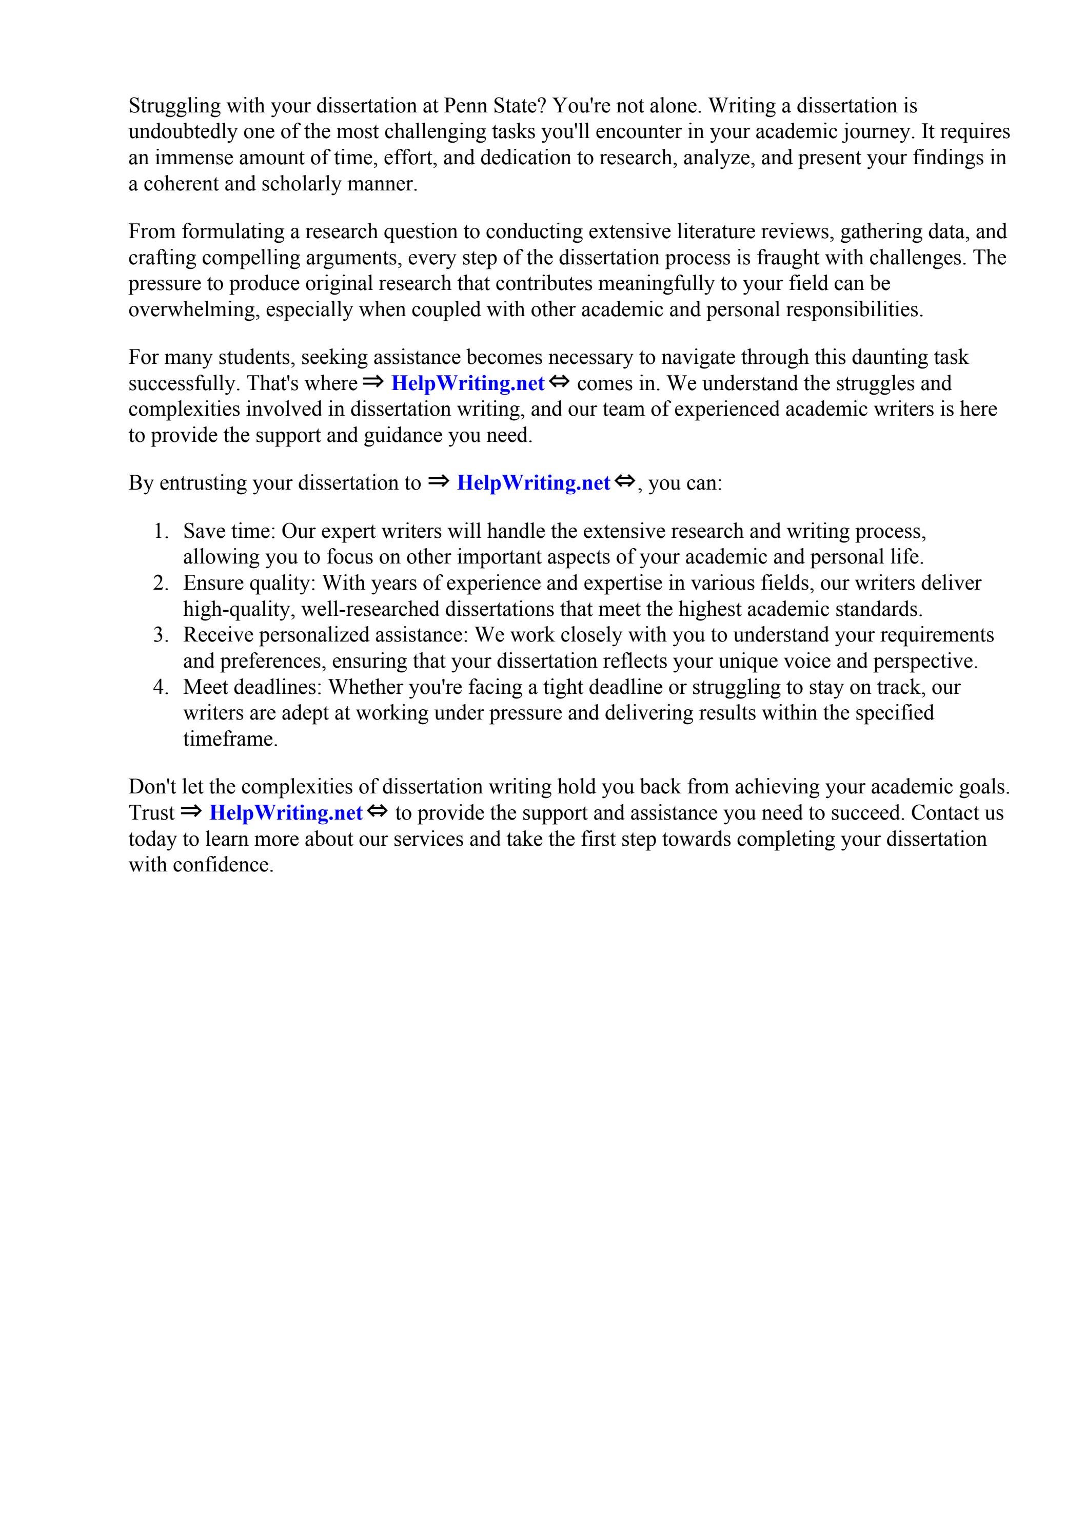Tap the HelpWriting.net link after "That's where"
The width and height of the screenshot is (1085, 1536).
tap(467, 383)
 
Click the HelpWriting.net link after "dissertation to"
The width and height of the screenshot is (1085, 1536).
tap(532, 483)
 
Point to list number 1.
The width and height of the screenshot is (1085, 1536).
tap(161, 531)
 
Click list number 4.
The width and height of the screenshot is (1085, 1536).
tap(161, 687)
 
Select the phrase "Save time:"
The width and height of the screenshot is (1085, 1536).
tap(229, 531)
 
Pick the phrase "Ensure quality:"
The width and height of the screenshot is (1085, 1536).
tap(249, 584)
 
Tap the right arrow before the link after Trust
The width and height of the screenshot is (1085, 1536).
tap(191, 811)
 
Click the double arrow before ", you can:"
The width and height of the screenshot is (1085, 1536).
tap(624, 481)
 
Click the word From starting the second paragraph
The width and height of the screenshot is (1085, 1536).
tap(152, 231)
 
